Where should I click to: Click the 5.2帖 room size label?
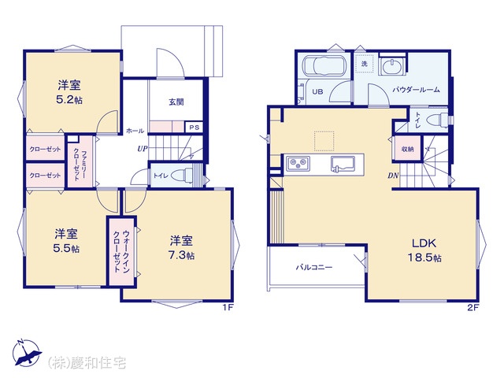(x=69, y=100)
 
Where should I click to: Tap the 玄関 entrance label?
(x=176, y=102)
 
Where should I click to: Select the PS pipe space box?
(x=195, y=128)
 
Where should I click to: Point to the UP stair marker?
(x=143, y=149)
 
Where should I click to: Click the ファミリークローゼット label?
(x=80, y=161)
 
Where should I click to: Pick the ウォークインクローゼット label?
(x=121, y=251)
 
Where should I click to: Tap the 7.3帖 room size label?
(x=181, y=255)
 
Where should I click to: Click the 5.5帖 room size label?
(x=66, y=249)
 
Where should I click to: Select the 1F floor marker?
(x=228, y=307)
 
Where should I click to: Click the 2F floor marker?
(x=472, y=307)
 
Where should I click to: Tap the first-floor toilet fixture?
(x=182, y=176)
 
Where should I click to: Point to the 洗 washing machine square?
(x=364, y=64)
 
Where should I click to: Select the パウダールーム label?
(x=416, y=90)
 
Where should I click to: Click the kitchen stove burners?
(x=298, y=163)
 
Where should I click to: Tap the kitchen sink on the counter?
(x=343, y=164)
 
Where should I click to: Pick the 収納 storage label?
(x=407, y=149)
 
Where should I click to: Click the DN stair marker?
(x=393, y=176)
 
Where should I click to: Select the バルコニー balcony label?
(x=314, y=267)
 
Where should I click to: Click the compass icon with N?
(x=26, y=352)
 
